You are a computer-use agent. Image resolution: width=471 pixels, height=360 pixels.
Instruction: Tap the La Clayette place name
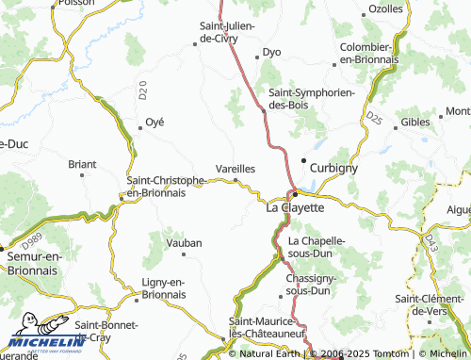coord(296,207)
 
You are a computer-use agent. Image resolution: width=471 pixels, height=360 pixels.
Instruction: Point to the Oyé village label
coord(154,123)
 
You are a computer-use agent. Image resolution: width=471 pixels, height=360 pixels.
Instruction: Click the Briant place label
coord(82,163)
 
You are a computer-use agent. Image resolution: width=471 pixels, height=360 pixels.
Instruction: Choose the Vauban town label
coord(184,243)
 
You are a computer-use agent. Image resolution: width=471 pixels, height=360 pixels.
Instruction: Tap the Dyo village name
coord(272,53)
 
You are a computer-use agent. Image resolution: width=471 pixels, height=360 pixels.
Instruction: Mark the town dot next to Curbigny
coord(303,160)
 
